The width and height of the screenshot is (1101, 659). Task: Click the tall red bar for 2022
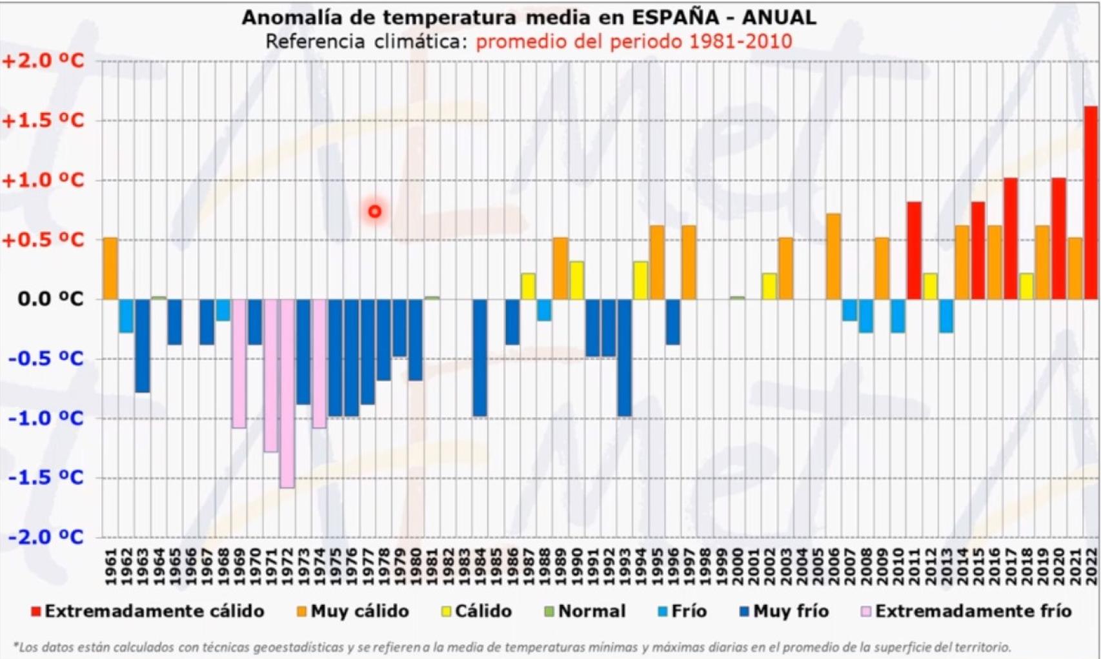[1091, 203]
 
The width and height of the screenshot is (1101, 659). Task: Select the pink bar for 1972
[287, 394]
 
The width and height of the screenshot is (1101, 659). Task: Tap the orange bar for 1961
[110, 269]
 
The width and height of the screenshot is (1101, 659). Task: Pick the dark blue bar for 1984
[480, 358]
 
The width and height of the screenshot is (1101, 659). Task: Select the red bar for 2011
[914, 251]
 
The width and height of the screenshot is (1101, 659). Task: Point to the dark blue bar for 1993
[624, 358]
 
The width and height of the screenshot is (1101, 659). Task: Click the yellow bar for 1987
[528, 287]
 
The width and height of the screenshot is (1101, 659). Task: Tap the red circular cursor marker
[375, 211]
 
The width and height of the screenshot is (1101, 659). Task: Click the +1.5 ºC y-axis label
[43, 121]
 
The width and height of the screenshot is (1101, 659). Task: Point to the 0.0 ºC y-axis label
[50, 299]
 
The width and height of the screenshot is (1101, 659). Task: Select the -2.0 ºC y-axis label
[46, 537]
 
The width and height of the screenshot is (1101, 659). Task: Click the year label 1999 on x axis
[722, 567]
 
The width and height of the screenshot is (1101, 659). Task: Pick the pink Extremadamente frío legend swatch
[866, 611]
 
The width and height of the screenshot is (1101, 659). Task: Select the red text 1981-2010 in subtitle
[740, 42]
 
